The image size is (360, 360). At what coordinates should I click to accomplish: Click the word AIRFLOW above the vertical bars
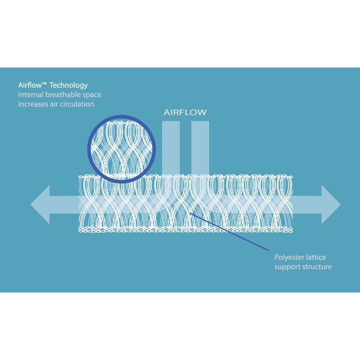pyautogui.click(x=185, y=112)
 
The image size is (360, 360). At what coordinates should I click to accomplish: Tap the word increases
pyautogui.click(x=33, y=104)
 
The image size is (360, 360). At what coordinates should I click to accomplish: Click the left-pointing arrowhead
pyautogui.click(x=40, y=204)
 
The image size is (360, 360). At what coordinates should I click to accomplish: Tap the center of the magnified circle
pyautogui.click(x=121, y=148)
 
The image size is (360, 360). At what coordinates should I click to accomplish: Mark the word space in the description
pyautogui.click(x=90, y=95)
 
